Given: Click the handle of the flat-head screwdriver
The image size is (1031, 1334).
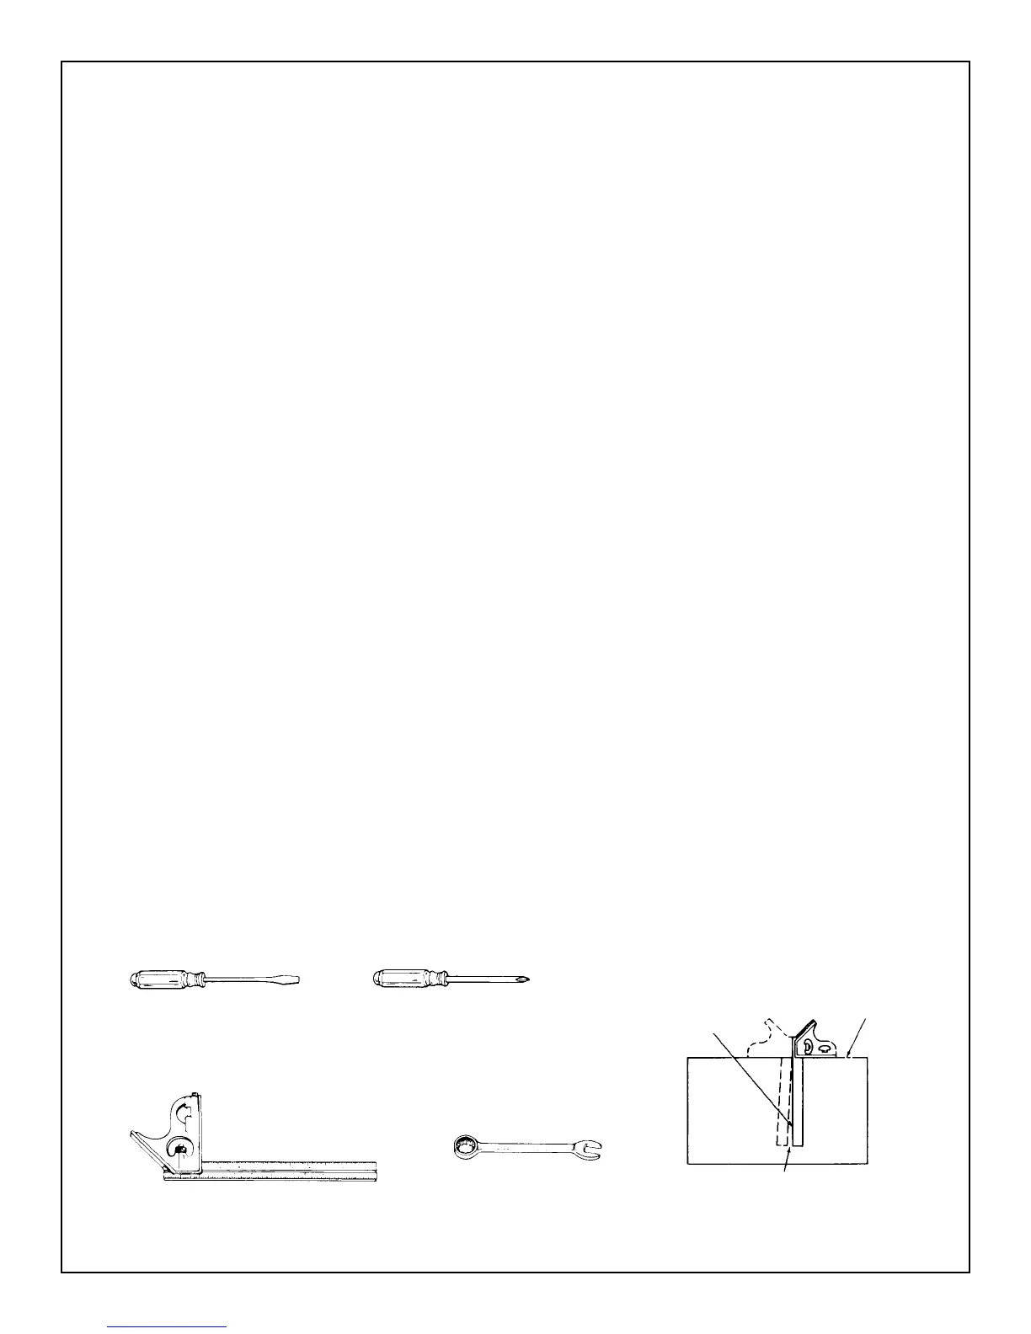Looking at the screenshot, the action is tap(164, 979).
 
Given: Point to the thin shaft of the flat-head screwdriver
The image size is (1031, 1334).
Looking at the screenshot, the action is tap(244, 979).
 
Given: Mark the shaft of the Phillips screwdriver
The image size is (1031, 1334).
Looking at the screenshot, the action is tap(484, 979).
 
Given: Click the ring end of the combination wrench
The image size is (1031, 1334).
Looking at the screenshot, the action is tap(464, 1145).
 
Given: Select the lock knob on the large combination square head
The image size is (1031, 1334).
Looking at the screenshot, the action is tap(180, 1150).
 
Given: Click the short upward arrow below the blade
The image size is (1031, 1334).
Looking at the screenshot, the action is tap(787, 1162).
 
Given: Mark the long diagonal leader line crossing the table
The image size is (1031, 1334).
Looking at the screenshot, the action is tap(750, 1074).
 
